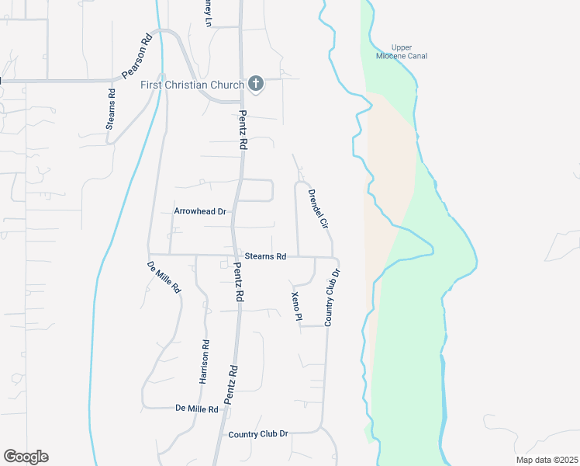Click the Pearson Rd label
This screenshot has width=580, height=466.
[136, 57]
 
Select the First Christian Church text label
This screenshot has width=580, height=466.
[192, 84]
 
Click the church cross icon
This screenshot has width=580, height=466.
[256, 84]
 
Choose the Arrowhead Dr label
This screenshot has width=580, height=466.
[199, 211]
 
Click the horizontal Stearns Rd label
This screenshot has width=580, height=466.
[265, 256]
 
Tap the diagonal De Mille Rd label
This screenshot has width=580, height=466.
[164, 276]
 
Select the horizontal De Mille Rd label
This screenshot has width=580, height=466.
[197, 408]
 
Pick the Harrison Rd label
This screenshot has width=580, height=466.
[205, 363]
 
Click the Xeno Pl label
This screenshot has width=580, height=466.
[295, 306]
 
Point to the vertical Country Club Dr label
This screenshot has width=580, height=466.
[331, 297]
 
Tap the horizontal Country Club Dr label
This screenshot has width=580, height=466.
[258, 434]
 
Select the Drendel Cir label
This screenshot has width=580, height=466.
[318, 208]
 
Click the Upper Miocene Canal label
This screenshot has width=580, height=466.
[409, 51]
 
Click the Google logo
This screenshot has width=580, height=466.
[26, 457]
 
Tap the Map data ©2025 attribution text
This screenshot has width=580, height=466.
[546, 460]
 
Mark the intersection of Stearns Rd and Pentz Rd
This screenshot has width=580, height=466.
[234, 254]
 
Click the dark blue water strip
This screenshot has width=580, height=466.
[444, 404]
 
